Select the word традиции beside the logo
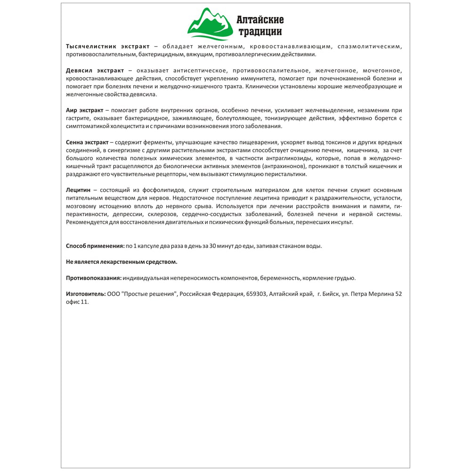click(x=260, y=32)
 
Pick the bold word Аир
click(x=71, y=110)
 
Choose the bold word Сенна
click(x=75, y=142)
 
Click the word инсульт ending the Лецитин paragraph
click(x=341, y=222)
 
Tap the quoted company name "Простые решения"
click(x=150, y=294)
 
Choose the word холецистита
click(x=130, y=126)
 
